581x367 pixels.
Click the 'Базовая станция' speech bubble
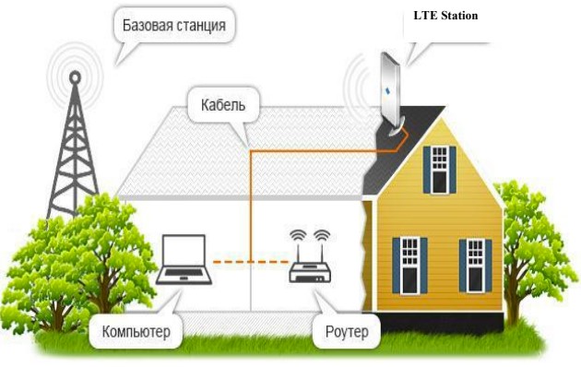(x=173, y=25)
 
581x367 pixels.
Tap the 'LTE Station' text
(x=446, y=16)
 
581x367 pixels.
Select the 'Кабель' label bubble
(x=222, y=104)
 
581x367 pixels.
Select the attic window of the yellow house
(x=440, y=170)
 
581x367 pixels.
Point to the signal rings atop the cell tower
(x=71, y=69)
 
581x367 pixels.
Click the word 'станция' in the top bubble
(x=200, y=25)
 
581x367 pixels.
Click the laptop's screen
(x=182, y=250)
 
